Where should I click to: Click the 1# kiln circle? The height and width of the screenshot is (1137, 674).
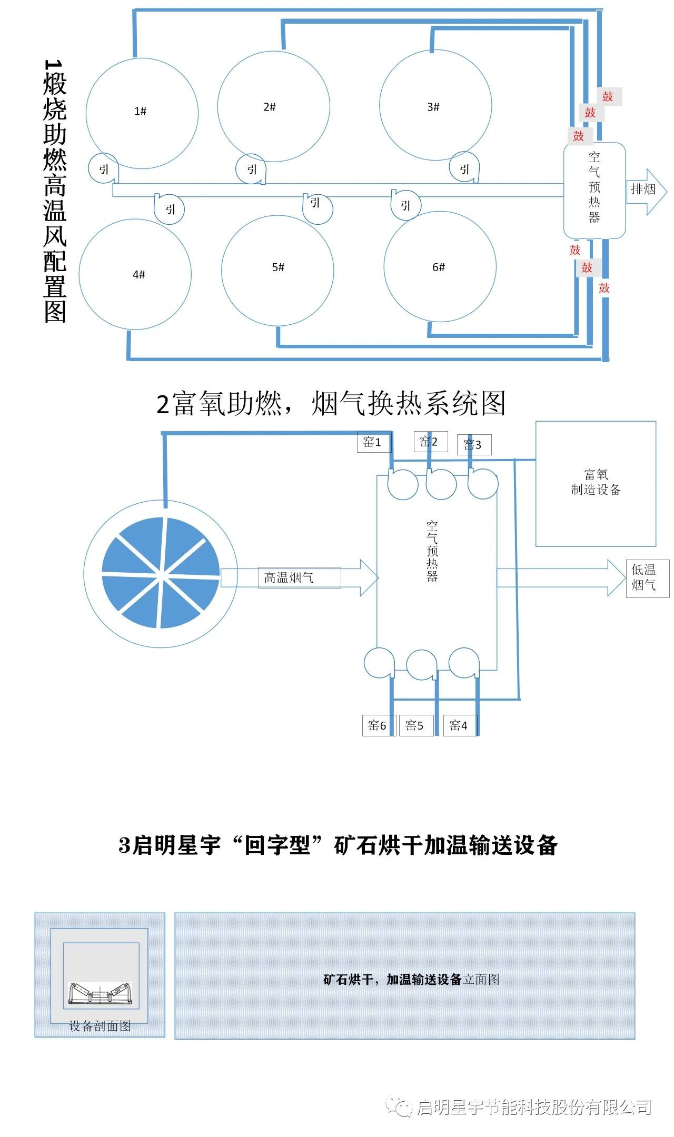coord(142,113)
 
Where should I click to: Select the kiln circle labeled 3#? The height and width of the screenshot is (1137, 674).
coord(435,106)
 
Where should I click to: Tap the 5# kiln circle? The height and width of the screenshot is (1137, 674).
coord(277,270)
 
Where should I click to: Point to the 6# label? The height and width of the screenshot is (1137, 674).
coord(439,267)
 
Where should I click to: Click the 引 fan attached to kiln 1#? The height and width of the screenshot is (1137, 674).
coord(103,168)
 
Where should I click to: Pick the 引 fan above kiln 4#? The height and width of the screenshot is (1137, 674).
coord(169,209)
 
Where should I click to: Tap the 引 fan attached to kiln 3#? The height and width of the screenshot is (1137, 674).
coord(464,168)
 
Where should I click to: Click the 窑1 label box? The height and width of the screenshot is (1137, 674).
coord(374,442)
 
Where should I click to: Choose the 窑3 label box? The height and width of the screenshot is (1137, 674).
coord(474,445)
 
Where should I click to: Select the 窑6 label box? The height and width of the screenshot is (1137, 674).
coord(378,725)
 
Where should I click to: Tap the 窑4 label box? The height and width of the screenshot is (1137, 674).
coord(460,725)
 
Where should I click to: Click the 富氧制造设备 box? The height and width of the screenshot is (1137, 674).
coord(596,483)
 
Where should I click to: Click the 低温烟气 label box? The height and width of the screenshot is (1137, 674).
coord(647,578)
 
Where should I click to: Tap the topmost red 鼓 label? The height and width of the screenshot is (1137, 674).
coord(608,96)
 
